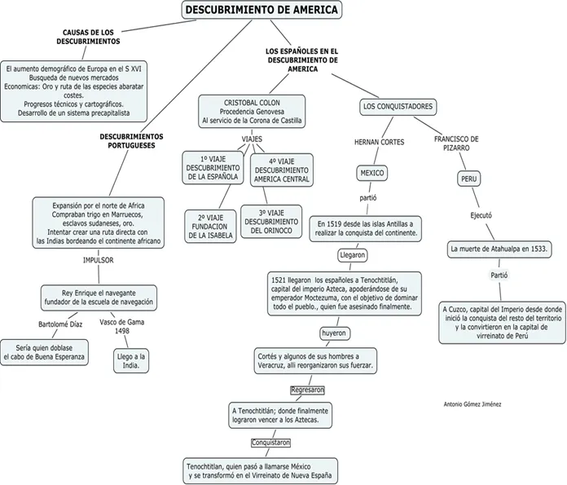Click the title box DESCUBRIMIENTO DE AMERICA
point(261,10)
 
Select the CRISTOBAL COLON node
point(252,112)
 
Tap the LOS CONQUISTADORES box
point(398,107)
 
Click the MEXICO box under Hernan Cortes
point(372,173)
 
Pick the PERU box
point(469,179)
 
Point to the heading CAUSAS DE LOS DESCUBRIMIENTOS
point(91,37)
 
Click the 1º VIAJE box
point(213,167)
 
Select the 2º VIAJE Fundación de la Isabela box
point(210,226)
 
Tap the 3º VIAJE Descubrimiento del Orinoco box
point(270,220)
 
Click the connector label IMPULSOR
point(99,260)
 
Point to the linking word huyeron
point(333,333)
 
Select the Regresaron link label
point(307,390)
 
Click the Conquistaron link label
point(270,443)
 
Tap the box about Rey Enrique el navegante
point(97,297)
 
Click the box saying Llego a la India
point(131,361)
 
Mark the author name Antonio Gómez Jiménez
point(472,404)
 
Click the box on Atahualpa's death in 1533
point(499,248)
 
